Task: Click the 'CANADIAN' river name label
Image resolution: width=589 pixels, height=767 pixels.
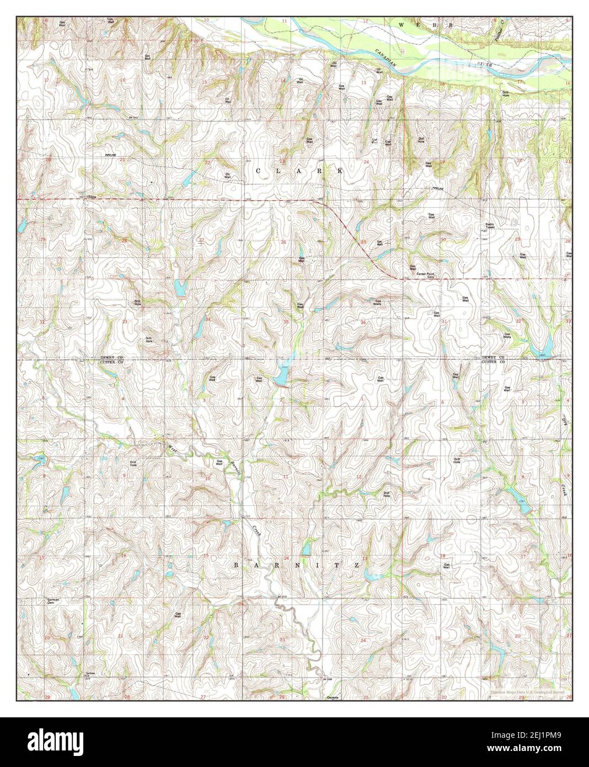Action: [x=387, y=58]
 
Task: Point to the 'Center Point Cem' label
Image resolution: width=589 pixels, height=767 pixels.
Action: [x=426, y=275]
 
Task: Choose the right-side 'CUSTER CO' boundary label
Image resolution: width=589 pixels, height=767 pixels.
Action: [x=494, y=362]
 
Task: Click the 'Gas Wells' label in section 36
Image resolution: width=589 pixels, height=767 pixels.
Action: [x=378, y=302]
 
